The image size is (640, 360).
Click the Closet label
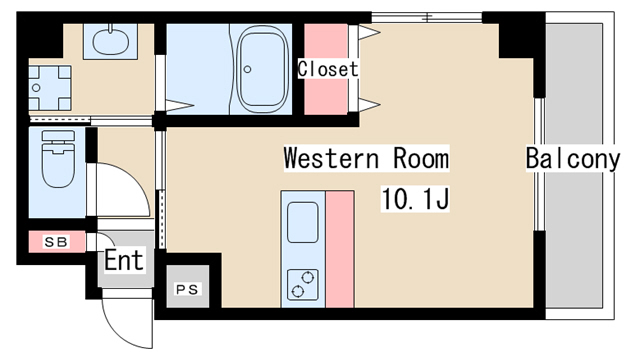click(328, 69)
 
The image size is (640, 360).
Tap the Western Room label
click(366, 158)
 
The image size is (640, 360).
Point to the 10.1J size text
click(415, 198)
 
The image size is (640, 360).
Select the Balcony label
click(572, 158)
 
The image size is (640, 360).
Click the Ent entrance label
click(124, 260)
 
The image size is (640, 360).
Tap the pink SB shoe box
click(57, 242)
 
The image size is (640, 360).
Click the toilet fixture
click(58, 158)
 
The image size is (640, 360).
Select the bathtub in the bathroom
click(264, 69)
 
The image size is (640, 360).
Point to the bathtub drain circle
click(247, 69)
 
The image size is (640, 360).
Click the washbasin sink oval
click(111, 41)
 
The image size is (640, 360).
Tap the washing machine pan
click(49, 88)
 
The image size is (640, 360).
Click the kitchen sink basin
click(303, 222)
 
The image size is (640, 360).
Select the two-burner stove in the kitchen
click(302, 284)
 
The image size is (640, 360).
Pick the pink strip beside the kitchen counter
click(340, 249)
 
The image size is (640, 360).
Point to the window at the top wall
click(427, 18)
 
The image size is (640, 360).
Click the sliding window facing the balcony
click(540, 164)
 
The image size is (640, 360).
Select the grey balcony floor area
click(574, 166)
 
